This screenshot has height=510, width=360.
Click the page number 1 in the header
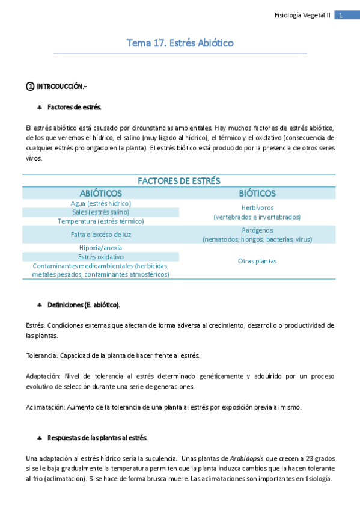click(x=341, y=15)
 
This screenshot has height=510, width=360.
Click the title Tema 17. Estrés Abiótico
click(x=180, y=43)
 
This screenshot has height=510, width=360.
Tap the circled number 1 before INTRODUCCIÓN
click(x=30, y=87)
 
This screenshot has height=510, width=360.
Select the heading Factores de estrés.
click(x=75, y=107)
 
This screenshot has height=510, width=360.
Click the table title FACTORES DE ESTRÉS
click(x=179, y=180)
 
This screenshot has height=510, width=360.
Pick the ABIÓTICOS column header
click(x=100, y=193)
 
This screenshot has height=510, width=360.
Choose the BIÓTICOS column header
click(x=257, y=193)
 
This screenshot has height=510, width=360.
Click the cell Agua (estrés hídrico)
click(x=100, y=204)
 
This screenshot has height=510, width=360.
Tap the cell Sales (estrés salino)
click(x=100, y=212)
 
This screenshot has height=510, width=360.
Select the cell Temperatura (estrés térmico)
click(x=100, y=221)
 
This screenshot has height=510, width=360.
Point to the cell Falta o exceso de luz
click(x=100, y=235)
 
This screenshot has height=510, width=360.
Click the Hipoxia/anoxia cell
click(x=100, y=248)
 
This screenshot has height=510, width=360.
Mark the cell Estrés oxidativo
click(x=100, y=257)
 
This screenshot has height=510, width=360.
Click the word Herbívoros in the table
click(x=257, y=207)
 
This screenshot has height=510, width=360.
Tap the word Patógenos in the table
click(x=257, y=230)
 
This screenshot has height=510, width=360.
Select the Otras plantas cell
click(x=257, y=261)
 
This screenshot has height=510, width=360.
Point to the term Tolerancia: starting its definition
click(x=41, y=355)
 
